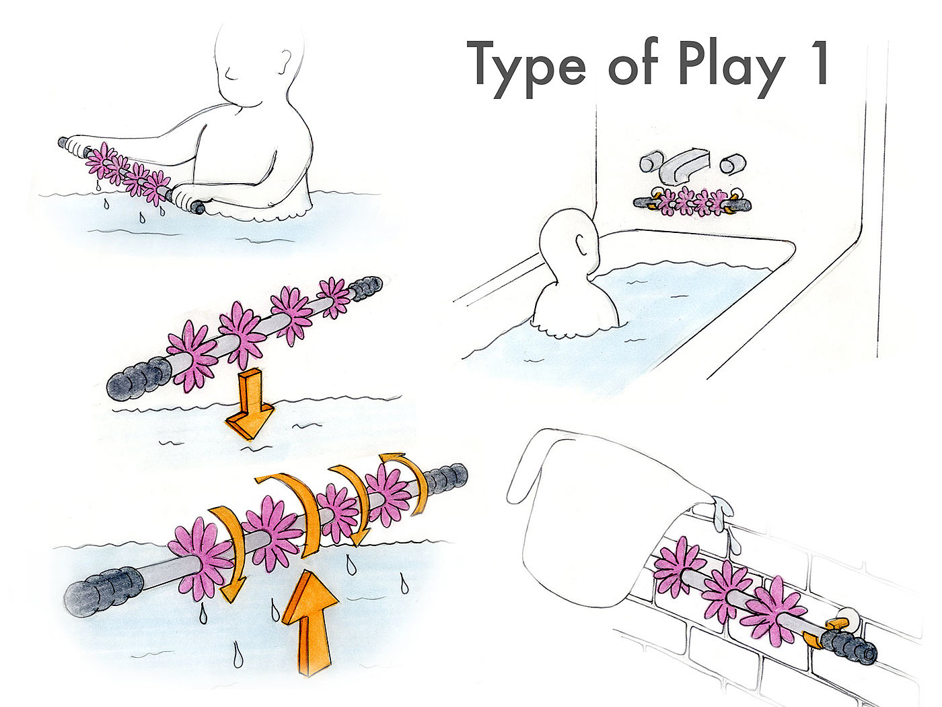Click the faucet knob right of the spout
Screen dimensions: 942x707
pyautogui.click(x=733, y=164)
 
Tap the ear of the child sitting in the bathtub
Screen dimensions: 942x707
pyautogui.click(x=583, y=245)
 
